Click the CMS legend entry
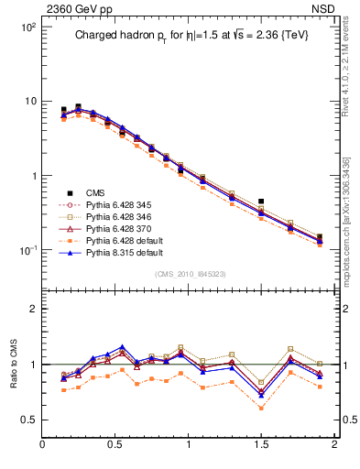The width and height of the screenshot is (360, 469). click(x=95, y=192)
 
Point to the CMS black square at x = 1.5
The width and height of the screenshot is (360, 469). click(x=261, y=201)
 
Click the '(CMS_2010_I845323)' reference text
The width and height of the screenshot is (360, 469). click(x=188, y=273)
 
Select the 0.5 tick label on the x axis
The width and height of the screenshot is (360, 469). click(x=115, y=446)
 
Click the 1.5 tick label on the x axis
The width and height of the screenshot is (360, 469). click(x=261, y=446)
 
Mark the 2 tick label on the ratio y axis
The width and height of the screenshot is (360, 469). click(x=31, y=309)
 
